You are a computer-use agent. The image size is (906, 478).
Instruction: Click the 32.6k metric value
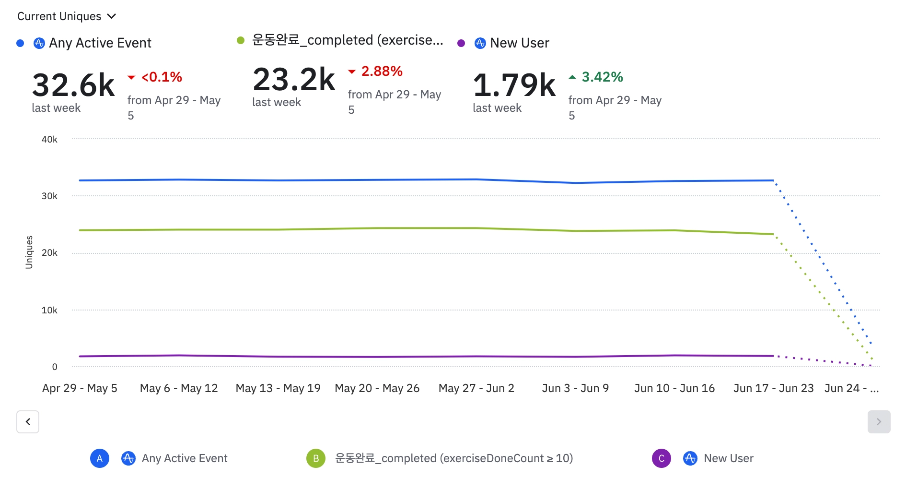pyautogui.click(x=73, y=85)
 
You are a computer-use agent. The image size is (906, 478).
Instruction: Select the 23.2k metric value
pyautogui.click(x=294, y=80)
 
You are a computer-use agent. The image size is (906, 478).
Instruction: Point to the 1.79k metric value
pyautogui.click(x=514, y=85)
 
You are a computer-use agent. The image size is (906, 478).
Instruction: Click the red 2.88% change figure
pyautogui.click(x=382, y=72)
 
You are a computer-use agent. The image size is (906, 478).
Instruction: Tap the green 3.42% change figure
pyautogui.click(x=602, y=77)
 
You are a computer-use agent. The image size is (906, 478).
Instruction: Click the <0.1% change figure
pyautogui.click(x=162, y=77)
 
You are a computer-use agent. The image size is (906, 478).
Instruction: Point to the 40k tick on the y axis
pyautogui.click(x=49, y=140)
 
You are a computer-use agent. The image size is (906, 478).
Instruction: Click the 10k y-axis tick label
pyautogui.click(x=49, y=311)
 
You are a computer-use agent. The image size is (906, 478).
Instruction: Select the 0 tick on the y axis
pyautogui.click(x=55, y=367)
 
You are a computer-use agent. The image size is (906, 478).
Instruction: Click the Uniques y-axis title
pyautogui.click(x=29, y=252)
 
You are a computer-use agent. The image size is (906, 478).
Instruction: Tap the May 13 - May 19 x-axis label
pyautogui.click(x=278, y=388)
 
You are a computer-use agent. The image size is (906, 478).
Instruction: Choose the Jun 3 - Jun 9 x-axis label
pyautogui.click(x=575, y=388)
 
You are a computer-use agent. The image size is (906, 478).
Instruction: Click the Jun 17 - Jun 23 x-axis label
pyautogui.click(x=773, y=388)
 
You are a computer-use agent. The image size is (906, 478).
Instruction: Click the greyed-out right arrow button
pyautogui.click(x=879, y=422)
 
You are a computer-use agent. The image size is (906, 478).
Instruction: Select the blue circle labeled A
pyautogui.click(x=100, y=458)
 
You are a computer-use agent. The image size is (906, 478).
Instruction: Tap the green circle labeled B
pyautogui.click(x=316, y=458)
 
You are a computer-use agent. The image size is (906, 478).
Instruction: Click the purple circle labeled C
pyautogui.click(x=662, y=458)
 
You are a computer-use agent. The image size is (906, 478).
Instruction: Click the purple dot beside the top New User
pyautogui.click(x=461, y=43)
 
